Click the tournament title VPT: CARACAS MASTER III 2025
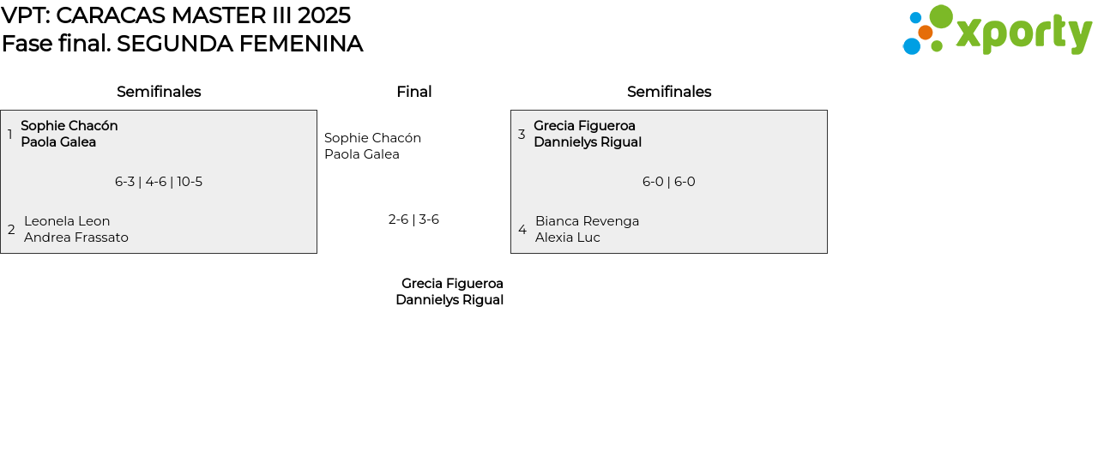coord(176,15)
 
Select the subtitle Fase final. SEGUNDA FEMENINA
coord(182,44)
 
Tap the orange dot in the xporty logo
coord(925,33)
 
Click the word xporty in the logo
coord(1023,34)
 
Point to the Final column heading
coord(413,92)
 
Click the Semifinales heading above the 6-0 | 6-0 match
coord(669,92)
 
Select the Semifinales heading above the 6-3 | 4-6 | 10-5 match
coord(159,92)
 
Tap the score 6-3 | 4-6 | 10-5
coord(159,182)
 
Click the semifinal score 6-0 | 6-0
coord(669,182)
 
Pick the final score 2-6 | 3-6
coord(413,219)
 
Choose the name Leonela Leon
coord(67,221)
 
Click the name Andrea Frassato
coord(76,238)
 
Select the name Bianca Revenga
coord(587,221)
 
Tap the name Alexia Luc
coord(568,238)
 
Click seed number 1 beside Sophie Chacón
coord(9,135)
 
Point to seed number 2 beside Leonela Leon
coord(11,230)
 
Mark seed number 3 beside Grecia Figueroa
coord(522,135)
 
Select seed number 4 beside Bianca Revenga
coord(522,230)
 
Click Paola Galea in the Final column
coord(362,154)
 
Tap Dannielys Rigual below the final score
coord(449,300)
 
